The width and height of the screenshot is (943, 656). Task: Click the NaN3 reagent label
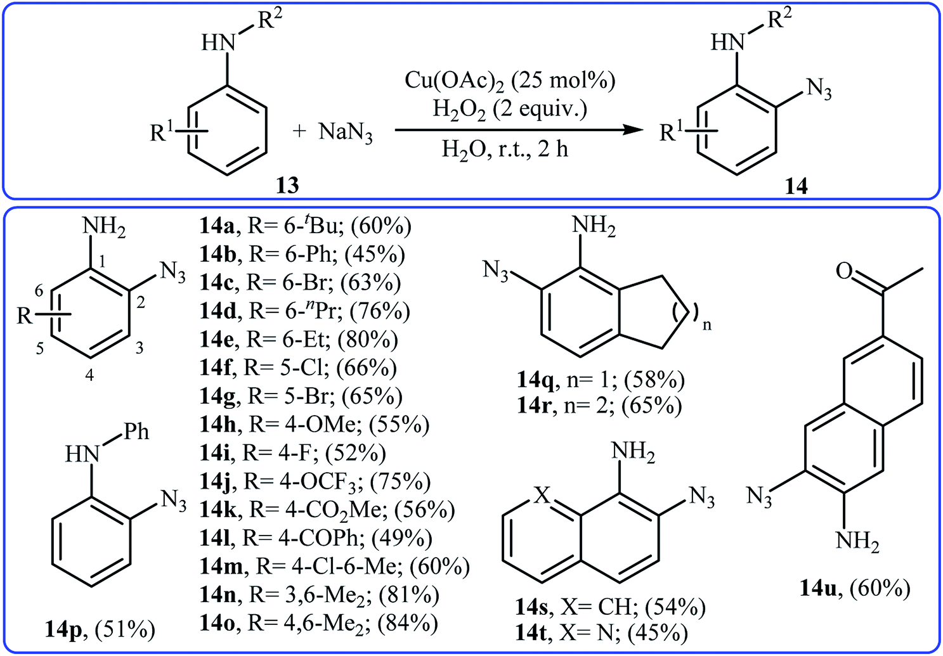pos(346,132)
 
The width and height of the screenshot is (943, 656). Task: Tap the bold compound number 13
pos(287,185)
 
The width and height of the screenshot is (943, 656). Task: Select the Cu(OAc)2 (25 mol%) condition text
pos(510,80)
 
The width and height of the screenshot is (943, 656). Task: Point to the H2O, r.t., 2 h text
pos(505,150)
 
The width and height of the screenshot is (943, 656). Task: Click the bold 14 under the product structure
pos(796,186)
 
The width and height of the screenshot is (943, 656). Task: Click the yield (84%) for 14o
pos(407,623)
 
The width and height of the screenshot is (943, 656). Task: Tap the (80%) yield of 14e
pos(368,340)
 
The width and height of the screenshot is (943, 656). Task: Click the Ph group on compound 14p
pos(136,432)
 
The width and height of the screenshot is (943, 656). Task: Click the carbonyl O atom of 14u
pos(844,271)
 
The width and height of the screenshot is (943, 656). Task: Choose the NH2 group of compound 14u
pos(857,541)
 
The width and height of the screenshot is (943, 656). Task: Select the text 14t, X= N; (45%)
pos(601,633)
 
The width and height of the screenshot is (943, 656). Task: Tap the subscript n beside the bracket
pos(707,325)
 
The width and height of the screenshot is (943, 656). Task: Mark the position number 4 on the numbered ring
pos(90,375)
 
